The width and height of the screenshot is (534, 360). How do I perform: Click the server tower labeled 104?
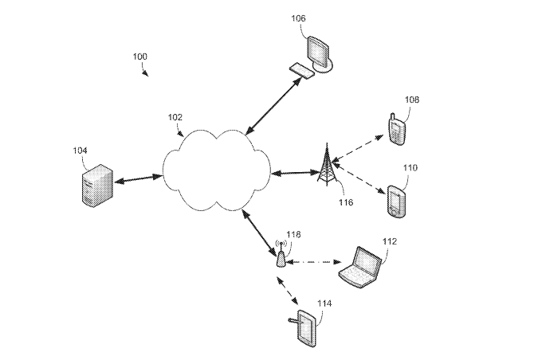95,185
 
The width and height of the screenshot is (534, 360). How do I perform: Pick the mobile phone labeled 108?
396,128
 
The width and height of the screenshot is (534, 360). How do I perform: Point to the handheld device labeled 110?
396,201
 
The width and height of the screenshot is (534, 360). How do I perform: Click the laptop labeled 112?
360,266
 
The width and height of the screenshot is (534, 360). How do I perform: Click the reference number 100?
139,57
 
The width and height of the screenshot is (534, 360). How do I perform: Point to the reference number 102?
175,116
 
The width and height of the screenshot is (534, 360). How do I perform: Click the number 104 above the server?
80,150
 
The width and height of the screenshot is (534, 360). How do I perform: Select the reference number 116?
345,202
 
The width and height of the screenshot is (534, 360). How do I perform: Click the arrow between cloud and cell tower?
294,171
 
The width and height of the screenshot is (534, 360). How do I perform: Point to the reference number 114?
324,303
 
